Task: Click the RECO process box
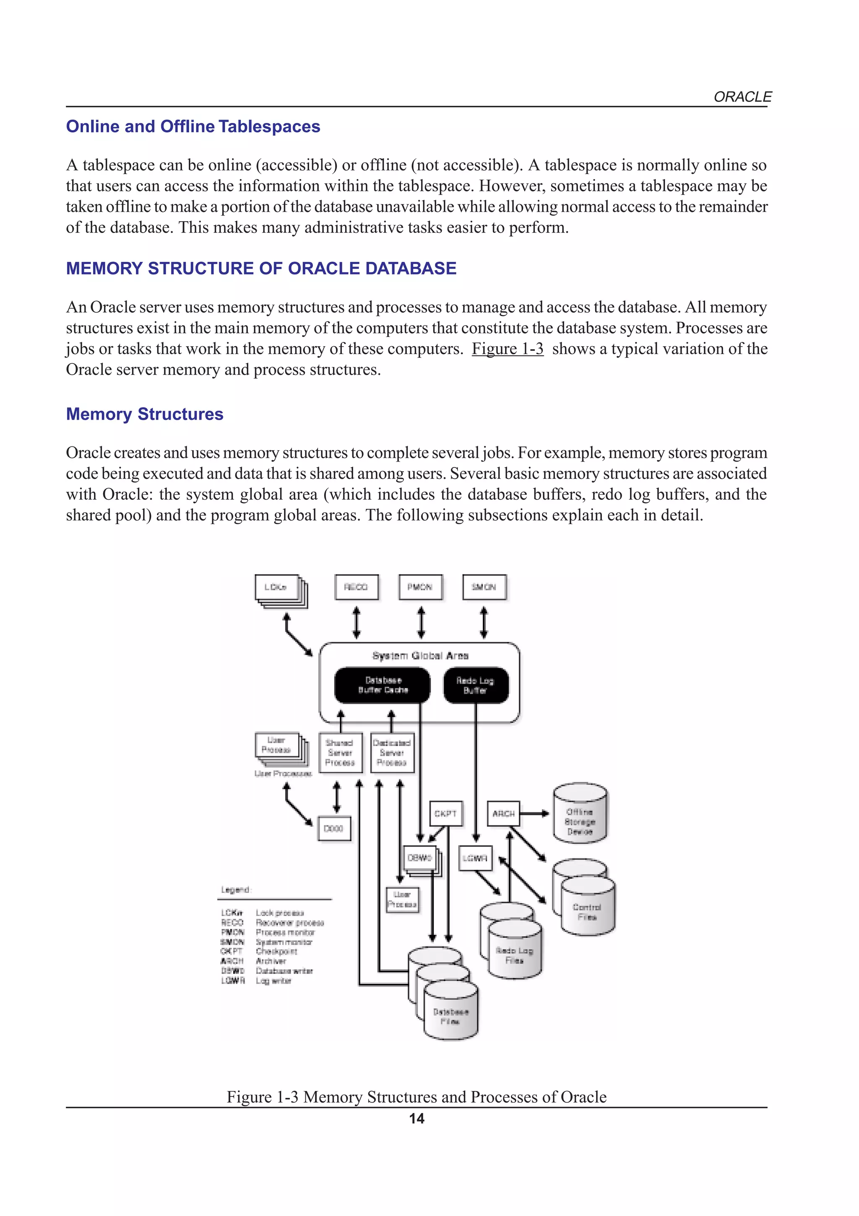click(x=356, y=587)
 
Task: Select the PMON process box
click(x=420, y=587)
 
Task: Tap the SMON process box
click(x=484, y=587)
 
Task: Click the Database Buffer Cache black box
click(x=383, y=685)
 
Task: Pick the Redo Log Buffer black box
click(x=475, y=685)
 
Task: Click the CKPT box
click(x=445, y=814)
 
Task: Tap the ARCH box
click(x=503, y=814)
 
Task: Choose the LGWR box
click(x=475, y=858)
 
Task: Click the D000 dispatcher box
click(x=333, y=829)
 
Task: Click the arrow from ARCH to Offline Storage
click(x=534, y=814)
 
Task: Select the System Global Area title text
click(x=420, y=656)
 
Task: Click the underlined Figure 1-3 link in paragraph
click(x=508, y=349)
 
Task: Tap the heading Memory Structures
click(x=144, y=414)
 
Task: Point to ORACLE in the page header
click(x=742, y=97)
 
